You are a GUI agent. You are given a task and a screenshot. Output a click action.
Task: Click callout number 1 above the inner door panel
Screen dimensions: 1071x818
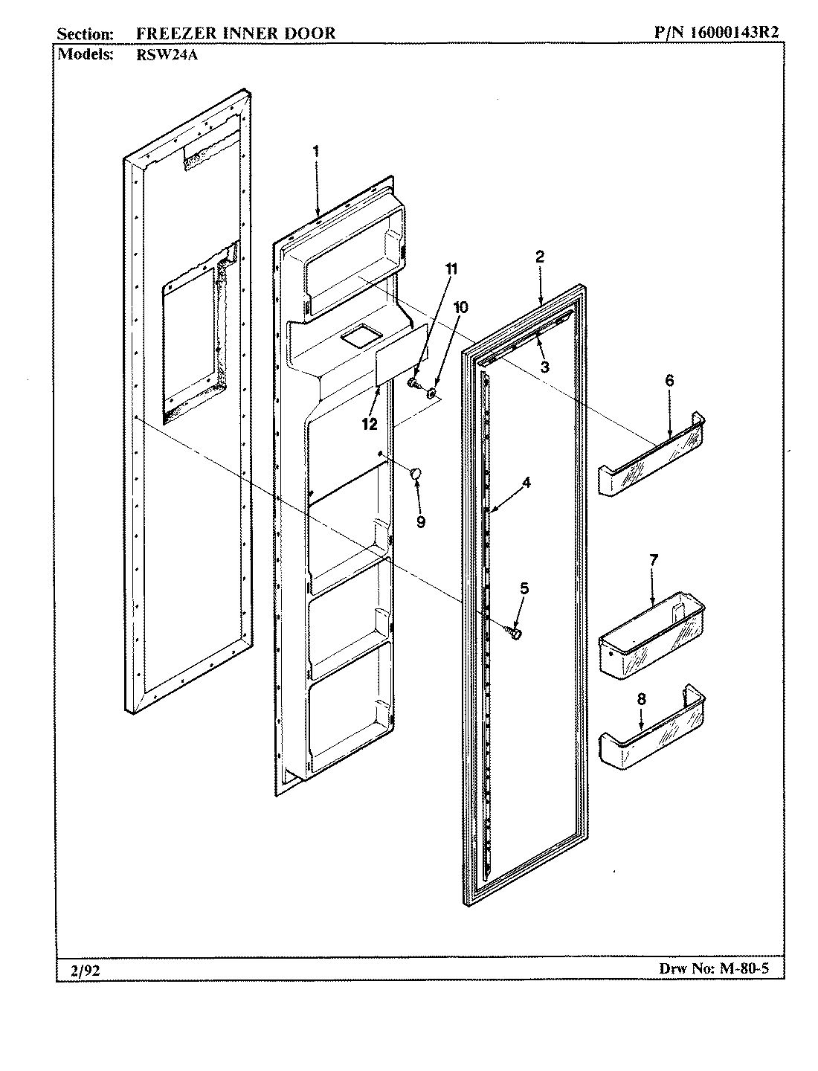pyautogui.click(x=315, y=150)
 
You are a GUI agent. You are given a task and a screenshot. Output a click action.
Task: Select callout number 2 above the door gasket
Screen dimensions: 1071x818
pyautogui.click(x=540, y=257)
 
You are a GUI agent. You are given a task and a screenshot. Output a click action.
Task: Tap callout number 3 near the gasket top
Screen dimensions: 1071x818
pyautogui.click(x=544, y=366)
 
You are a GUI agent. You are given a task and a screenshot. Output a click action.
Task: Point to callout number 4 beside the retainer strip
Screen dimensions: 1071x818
pyautogui.click(x=526, y=482)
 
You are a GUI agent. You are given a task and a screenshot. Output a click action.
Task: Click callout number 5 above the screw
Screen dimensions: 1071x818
pyautogui.click(x=524, y=588)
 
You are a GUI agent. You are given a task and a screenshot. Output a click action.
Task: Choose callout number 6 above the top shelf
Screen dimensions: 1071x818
pyautogui.click(x=669, y=380)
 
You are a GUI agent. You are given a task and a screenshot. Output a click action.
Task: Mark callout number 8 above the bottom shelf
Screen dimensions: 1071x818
pyautogui.click(x=642, y=698)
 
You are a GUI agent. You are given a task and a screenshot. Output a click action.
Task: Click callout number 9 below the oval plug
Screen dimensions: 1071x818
pyautogui.click(x=421, y=522)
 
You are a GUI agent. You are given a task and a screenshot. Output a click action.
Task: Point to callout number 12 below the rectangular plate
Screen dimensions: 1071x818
pyautogui.click(x=369, y=425)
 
